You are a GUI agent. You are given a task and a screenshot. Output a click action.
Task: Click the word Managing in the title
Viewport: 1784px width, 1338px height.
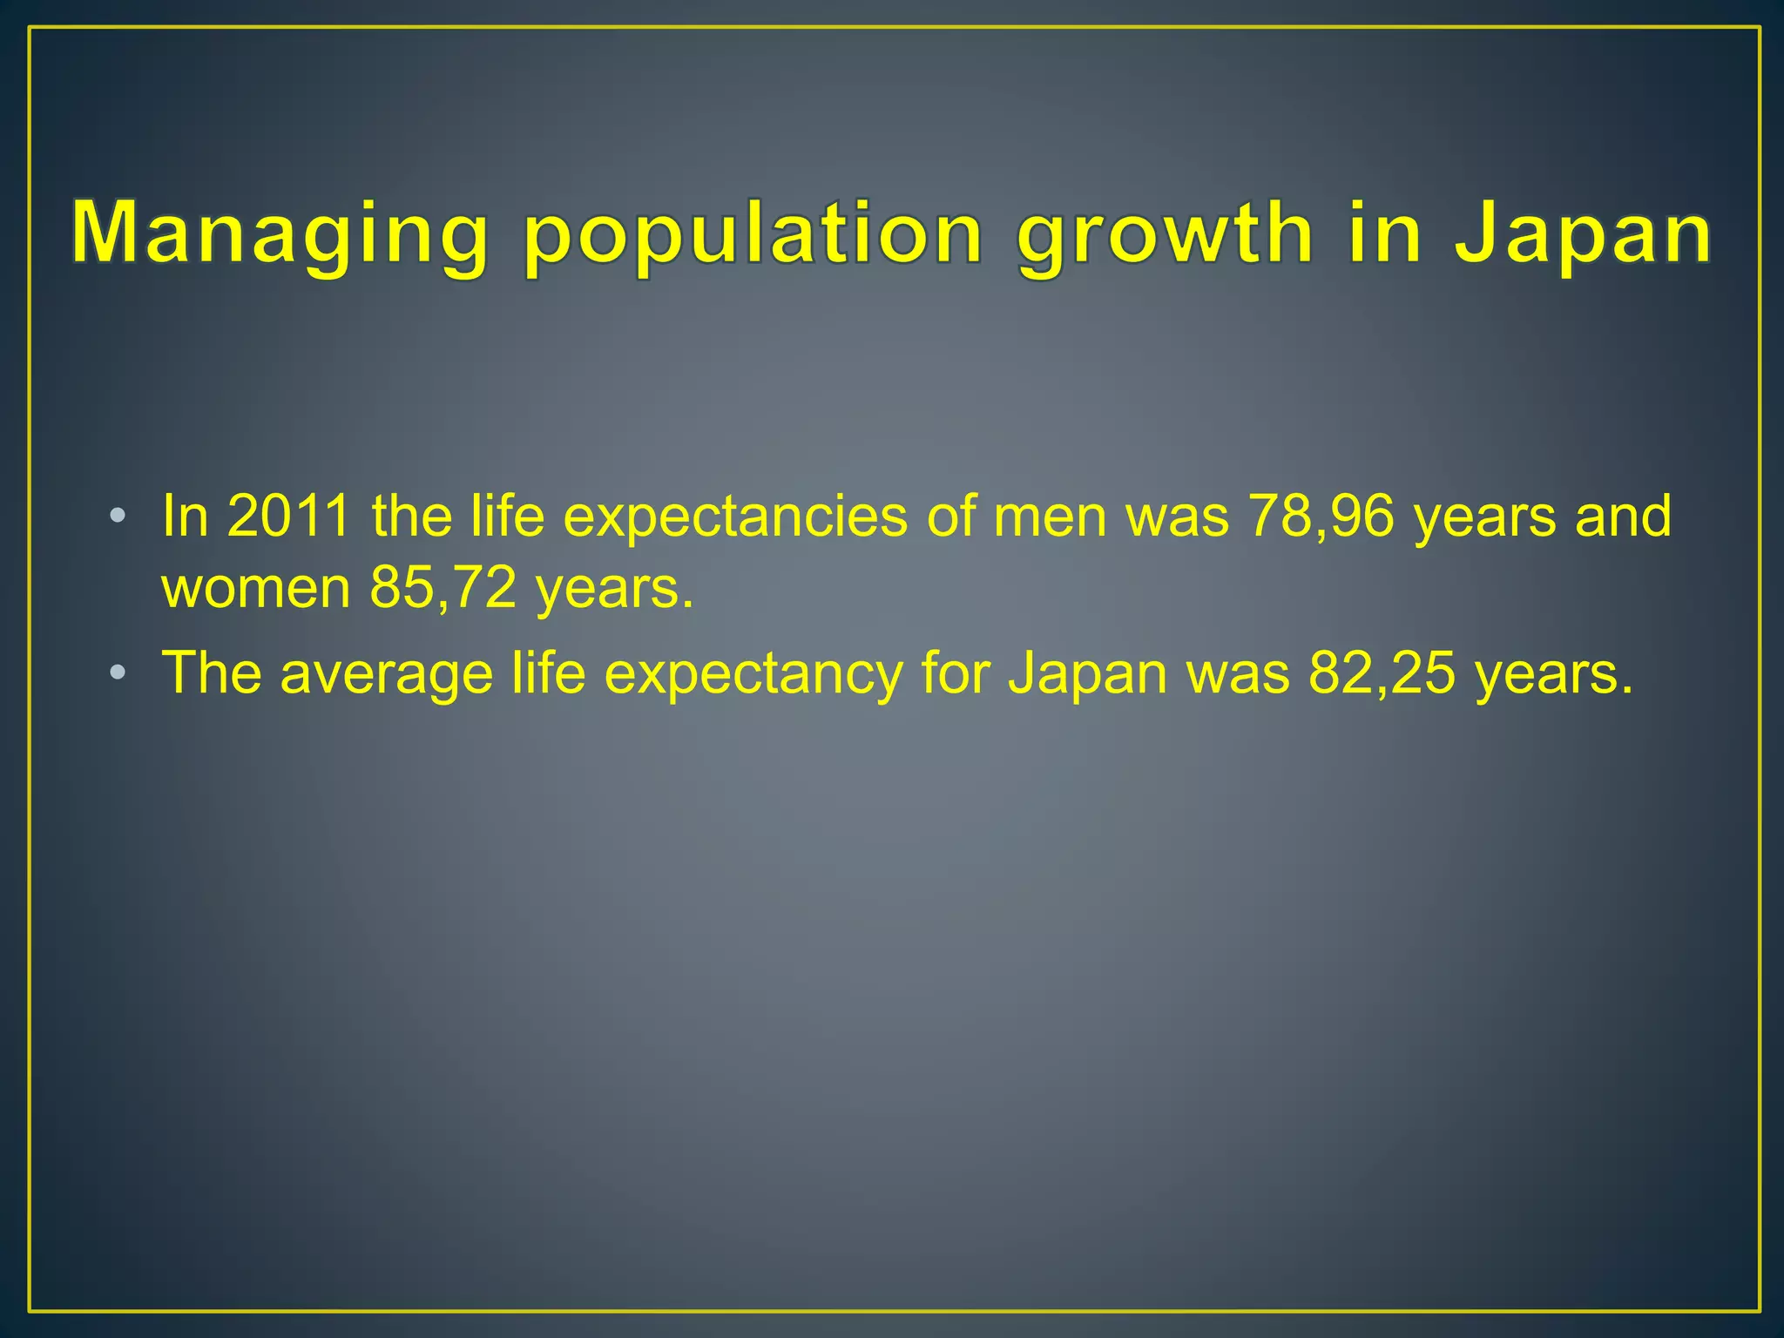click(279, 233)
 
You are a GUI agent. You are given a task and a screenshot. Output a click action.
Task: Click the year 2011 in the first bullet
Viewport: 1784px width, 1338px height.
click(288, 516)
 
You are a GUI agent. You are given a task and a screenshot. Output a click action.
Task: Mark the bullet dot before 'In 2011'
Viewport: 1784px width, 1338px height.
click(118, 517)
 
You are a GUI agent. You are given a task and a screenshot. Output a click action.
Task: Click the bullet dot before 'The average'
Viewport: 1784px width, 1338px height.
click(118, 673)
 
